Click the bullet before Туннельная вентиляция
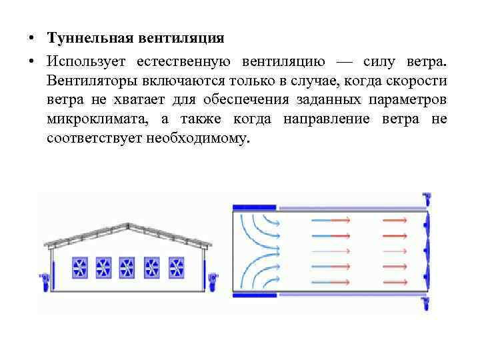(31, 39)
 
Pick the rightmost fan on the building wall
(177, 267)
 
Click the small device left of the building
(44, 282)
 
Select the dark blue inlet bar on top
(253, 207)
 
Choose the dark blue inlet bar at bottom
(253, 294)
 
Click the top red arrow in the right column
(395, 219)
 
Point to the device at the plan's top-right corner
(426, 199)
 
